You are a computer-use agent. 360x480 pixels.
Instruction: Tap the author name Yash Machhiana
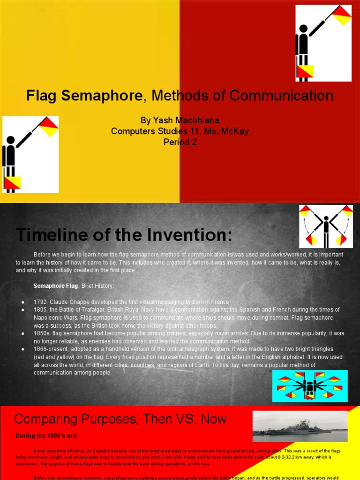pyautogui.click(x=180, y=121)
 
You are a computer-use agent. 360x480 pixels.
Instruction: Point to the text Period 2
pyautogui.click(x=180, y=142)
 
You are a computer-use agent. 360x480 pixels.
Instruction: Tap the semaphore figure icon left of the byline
pyautogui.click(x=30, y=155)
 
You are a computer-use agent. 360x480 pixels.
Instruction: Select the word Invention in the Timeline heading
pyautogui.click(x=190, y=234)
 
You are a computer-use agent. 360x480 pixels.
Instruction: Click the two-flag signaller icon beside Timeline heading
pyautogui.click(x=326, y=226)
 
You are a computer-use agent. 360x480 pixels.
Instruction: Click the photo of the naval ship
pyautogui.click(x=300, y=427)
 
